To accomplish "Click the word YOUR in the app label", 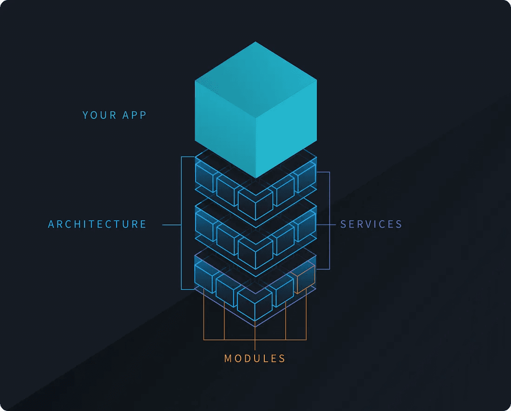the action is pos(99,115).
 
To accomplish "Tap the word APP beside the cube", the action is pos(134,115).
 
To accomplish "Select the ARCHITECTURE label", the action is pos(97,224).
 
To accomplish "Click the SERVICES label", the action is pos(371,224).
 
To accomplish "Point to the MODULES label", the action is pos(255,359).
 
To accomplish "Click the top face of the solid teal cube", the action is pos(256,79).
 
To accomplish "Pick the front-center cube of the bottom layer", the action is pos(255,305).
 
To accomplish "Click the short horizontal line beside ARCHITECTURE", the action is pos(172,225).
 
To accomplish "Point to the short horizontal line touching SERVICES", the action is pos(326,225).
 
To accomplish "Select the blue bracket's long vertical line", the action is pos(182,223).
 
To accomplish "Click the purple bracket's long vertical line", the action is pos(329,221).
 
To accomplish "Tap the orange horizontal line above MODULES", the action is pos(255,339).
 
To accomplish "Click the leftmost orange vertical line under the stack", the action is pos(203,314).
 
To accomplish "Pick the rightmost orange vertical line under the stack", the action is pos(306,314).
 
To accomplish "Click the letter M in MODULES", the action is pos(228,359).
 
